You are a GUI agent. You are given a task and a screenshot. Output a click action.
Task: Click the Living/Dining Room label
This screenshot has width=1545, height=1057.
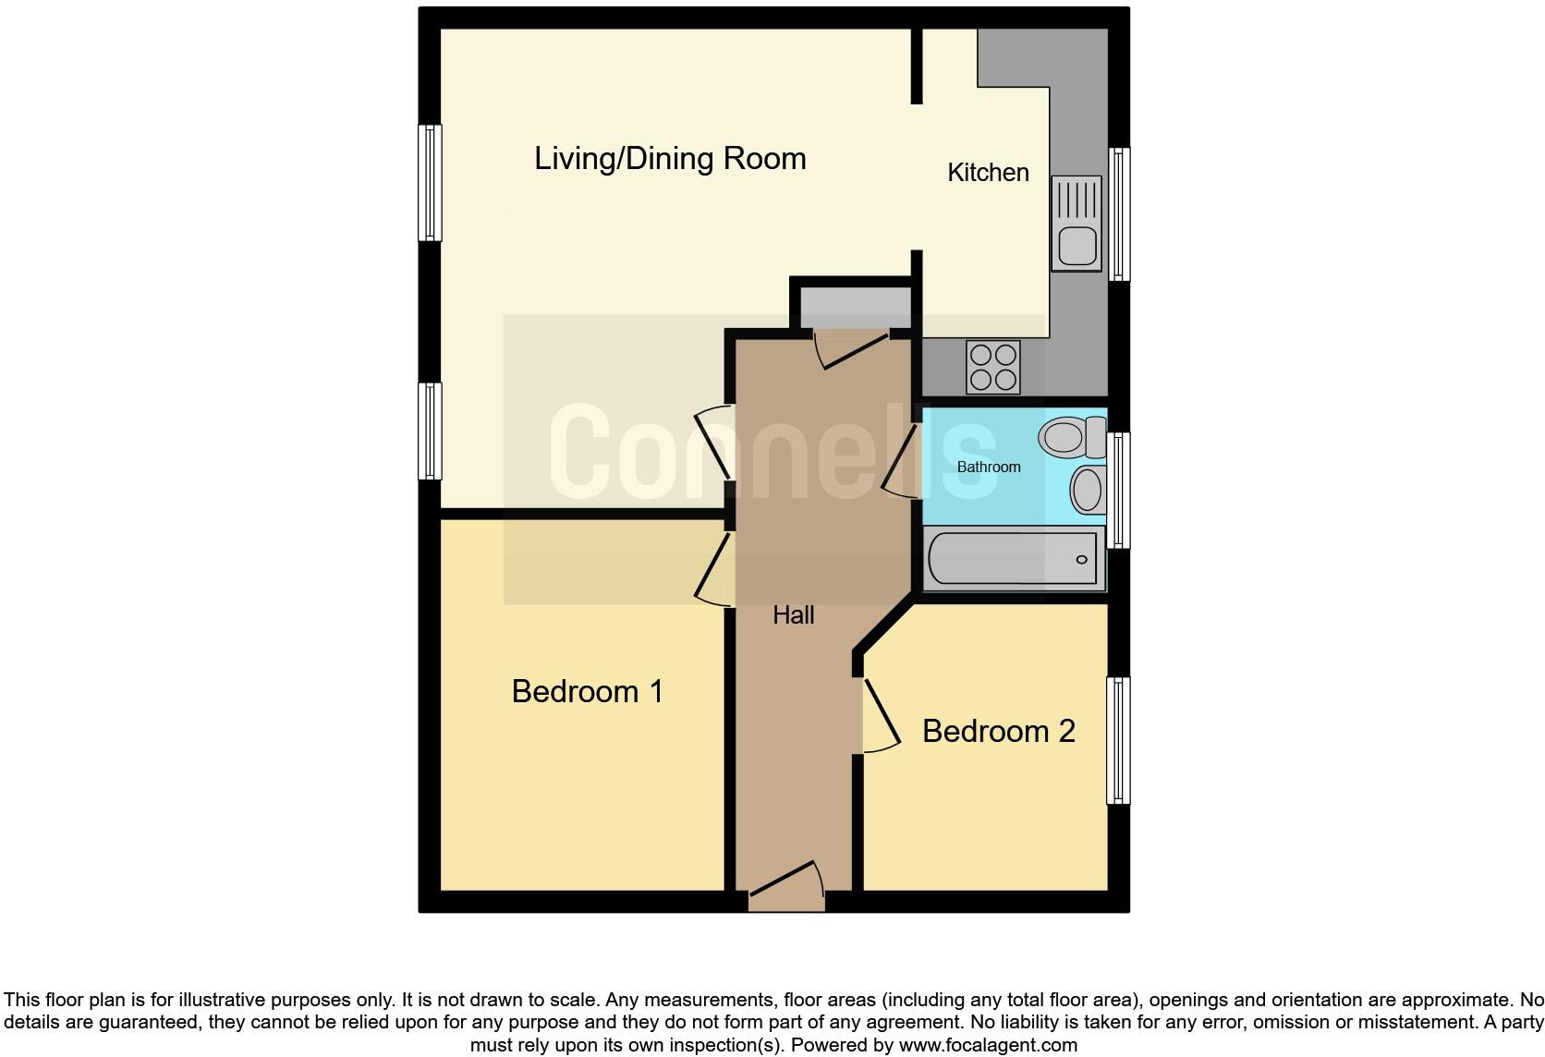670,159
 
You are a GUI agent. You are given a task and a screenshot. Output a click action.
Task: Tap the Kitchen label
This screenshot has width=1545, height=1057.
988,173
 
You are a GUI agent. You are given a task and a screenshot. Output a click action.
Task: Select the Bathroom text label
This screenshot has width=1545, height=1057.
988,468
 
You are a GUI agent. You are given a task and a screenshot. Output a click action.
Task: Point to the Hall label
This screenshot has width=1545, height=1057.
793,615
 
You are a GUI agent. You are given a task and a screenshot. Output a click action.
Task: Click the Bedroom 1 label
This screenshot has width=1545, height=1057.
587,692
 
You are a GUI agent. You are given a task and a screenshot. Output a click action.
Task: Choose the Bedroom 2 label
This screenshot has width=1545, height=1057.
998,732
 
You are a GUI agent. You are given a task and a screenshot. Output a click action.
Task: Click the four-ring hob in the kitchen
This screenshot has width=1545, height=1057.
992,367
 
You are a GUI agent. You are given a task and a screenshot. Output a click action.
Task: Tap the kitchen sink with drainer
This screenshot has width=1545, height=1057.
1077,224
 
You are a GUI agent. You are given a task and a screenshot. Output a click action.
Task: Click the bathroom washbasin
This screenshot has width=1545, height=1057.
1088,490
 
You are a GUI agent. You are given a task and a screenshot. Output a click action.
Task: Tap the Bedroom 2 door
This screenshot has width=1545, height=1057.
880,716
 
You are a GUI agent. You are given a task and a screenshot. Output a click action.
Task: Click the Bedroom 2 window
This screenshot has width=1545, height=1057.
1118,740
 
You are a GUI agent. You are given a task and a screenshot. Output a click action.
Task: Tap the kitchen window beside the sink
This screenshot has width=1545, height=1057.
1119,213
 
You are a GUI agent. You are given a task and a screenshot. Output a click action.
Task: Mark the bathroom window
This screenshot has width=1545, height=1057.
1119,490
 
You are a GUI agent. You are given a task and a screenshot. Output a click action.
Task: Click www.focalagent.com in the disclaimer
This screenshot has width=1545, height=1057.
988,1046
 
